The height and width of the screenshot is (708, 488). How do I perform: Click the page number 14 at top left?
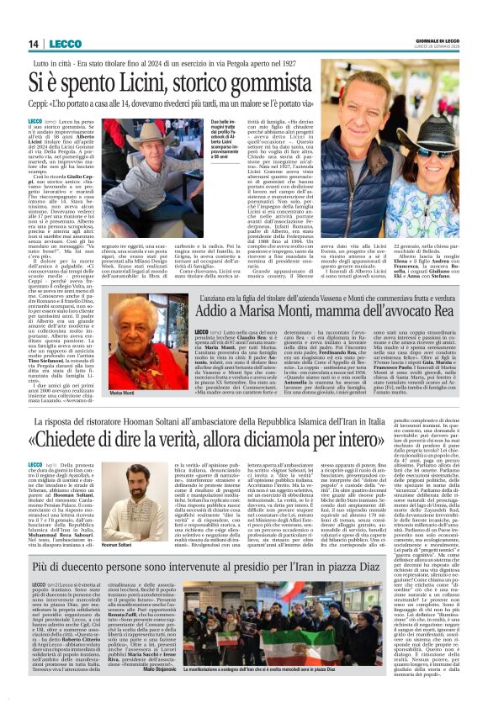tap(34, 44)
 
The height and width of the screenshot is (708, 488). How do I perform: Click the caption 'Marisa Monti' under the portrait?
tap(122, 394)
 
